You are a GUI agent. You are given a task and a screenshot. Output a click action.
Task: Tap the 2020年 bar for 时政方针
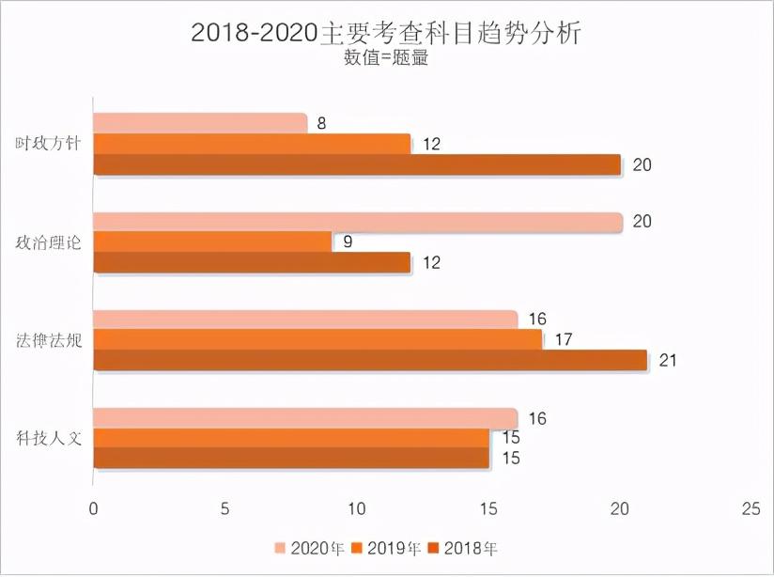click(200, 123)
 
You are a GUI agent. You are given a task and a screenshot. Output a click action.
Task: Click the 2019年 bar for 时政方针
click(252, 144)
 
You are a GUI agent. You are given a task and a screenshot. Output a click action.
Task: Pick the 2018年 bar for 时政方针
click(357, 164)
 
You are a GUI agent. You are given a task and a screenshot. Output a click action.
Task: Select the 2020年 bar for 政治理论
click(357, 222)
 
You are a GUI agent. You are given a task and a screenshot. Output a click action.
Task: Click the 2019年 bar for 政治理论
click(212, 242)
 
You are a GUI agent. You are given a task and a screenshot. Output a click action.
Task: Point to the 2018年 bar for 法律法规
click(370, 360)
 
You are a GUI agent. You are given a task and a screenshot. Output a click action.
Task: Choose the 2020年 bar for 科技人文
click(305, 418)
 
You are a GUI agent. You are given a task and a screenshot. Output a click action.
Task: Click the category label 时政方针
click(48, 144)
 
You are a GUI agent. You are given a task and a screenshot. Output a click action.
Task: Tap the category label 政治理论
click(48, 242)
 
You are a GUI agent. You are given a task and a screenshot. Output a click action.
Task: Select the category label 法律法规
click(48, 340)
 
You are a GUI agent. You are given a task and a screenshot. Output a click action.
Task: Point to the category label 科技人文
click(48, 438)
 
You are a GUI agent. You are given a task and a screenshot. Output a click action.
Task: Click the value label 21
click(668, 360)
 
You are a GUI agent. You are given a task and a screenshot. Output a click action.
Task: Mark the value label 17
click(563, 340)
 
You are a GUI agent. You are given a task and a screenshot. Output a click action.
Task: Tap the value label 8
click(321, 123)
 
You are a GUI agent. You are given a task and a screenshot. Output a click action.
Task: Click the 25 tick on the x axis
click(751, 508)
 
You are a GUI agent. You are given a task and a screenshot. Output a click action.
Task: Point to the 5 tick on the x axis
click(225, 508)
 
